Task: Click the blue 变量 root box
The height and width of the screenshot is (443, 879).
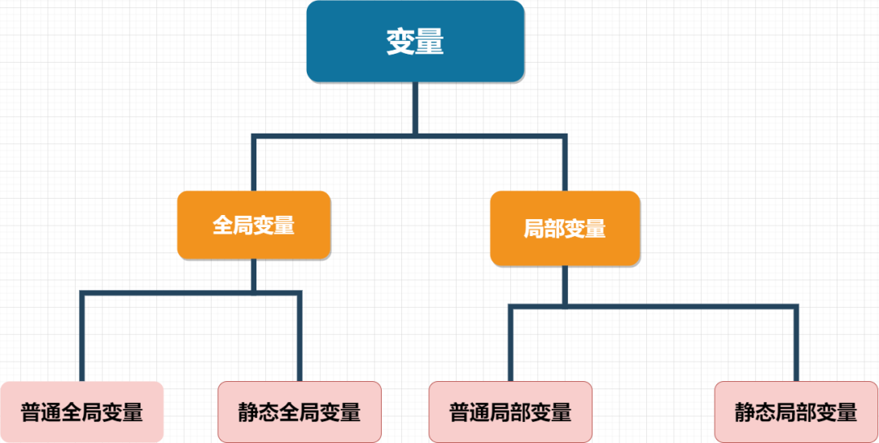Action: [415, 41]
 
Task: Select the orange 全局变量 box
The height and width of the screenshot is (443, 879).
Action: [254, 225]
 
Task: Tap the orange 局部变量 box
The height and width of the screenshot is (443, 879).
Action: [565, 228]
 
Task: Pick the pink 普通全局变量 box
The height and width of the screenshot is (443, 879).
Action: [82, 411]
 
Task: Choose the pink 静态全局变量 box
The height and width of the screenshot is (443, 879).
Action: [300, 411]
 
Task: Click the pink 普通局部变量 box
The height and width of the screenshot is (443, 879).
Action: [510, 411]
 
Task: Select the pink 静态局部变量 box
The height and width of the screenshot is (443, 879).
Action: [796, 411]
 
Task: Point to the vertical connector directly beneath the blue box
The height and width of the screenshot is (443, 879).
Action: [415, 108]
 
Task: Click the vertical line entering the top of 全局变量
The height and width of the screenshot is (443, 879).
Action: [254, 163]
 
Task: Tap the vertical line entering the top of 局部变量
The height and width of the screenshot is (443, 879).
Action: [565, 163]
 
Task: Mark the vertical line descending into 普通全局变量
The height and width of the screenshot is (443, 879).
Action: [82, 337]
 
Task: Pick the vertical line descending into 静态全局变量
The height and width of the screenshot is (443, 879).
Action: [300, 337]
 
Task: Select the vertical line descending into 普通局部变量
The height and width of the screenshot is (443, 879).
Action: [510, 344]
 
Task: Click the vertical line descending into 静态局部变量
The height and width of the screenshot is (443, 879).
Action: [796, 344]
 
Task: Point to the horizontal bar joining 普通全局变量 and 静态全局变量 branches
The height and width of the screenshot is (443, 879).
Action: [190, 292]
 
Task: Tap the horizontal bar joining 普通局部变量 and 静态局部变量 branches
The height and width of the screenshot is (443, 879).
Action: [653, 306]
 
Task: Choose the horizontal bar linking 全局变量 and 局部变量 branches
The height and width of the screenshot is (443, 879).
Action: [409, 136]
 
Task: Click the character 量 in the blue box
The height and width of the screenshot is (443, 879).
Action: [430, 42]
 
